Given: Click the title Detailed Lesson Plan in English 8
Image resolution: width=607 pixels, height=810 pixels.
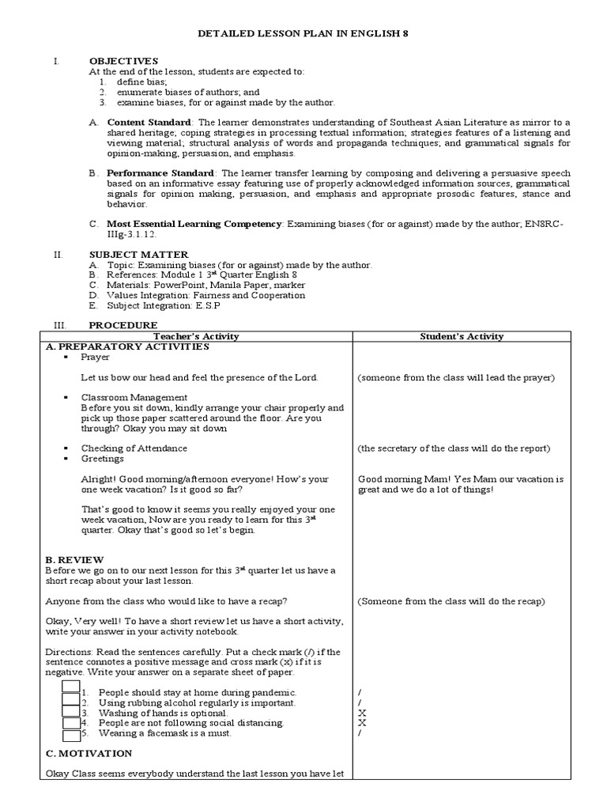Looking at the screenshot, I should pyautogui.click(x=303, y=34).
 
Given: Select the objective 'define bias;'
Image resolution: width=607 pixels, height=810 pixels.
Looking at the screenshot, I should pyautogui.click(x=141, y=81).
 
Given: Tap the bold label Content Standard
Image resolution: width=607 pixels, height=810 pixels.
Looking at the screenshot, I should pyautogui.click(x=149, y=123).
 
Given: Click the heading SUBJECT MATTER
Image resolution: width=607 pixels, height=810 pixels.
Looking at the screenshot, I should pyautogui.click(x=138, y=254).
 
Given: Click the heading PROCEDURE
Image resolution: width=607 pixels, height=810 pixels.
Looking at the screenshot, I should pyautogui.click(x=123, y=325).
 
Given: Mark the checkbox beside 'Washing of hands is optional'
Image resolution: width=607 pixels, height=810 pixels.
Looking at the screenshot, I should pyautogui.click(x=71, y=713).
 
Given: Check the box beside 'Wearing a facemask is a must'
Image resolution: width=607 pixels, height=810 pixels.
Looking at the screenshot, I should pyautogui.click(x=71, y=733).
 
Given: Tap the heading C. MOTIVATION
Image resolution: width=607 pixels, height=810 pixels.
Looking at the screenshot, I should pyautogui.click(x=88, y=754).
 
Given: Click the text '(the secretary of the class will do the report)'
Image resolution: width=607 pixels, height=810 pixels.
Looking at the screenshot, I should pyautogui.click(x=453, y=449).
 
